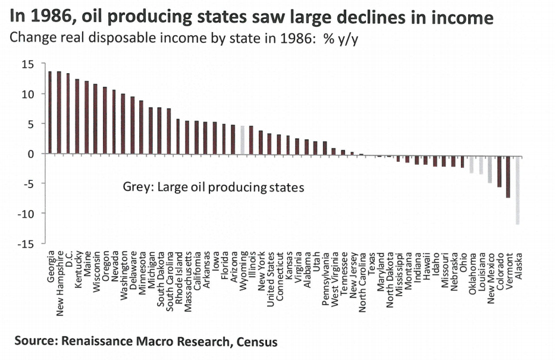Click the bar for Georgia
click(50, 112)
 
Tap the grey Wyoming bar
click(242, 139)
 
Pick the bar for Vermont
click(509, 176)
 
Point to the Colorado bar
click(499, 170)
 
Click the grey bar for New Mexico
click(490, 168)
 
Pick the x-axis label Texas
click(371, 264)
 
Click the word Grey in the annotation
click(135, 187)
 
